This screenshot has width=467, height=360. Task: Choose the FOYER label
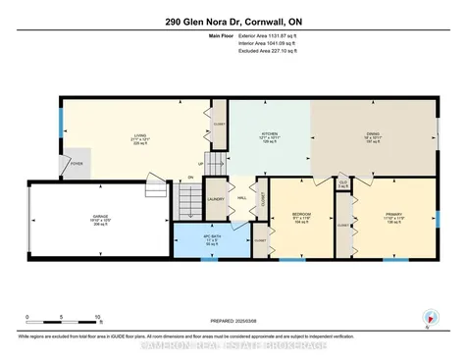[76, 163]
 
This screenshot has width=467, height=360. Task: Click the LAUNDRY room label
[216, 201]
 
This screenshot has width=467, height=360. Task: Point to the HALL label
[240, 195]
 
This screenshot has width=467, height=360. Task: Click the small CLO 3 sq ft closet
[343, 183]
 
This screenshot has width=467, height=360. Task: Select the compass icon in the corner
[428, 317]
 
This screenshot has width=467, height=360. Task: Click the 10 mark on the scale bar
[98, 317]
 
